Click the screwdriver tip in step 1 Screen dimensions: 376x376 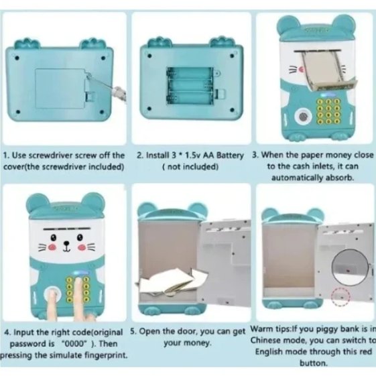(x=89, y=76)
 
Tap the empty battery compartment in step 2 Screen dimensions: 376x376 (x=190, y=86)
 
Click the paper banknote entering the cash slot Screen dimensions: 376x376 (x=327, y=71)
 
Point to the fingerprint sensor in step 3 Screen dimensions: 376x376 (x=304, y=117)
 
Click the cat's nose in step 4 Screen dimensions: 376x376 (x=66, y=244)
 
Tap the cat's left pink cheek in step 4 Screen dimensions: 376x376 (x=52, y=247)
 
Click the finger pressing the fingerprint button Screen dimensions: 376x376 (x=52, y=304)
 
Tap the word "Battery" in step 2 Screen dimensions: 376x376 (x=230, y=155)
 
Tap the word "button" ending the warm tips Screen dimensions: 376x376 (x=312, y=363)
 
